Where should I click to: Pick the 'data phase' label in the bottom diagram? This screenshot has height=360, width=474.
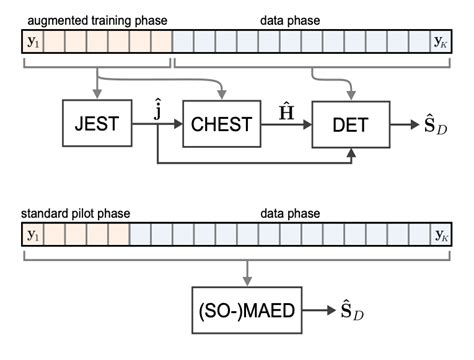(295, 213)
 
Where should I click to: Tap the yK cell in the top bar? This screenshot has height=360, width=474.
(441, 41)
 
